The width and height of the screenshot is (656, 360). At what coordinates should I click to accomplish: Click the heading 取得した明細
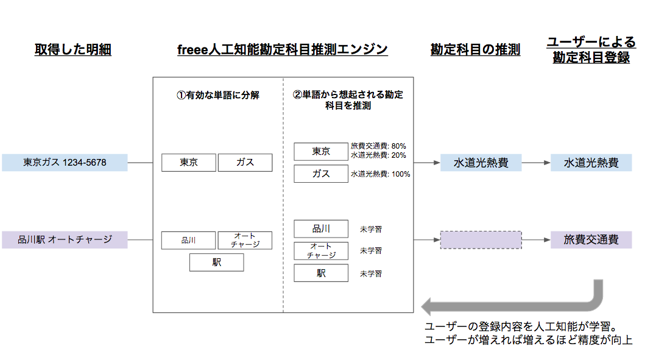(x=72, y=50)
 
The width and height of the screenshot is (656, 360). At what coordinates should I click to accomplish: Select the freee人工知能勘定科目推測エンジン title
(x=282, y=50)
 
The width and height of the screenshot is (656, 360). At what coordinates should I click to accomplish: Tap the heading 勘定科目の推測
(x=475, y=50)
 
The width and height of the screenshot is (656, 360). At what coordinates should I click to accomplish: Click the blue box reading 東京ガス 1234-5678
(x=65, y=163)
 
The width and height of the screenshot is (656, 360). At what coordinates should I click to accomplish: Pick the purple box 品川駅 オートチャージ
(x=65, y=239)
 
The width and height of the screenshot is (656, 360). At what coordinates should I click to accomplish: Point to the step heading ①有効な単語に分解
(x=218, y=95)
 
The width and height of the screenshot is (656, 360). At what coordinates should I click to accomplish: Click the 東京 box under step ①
(x=189, y=163)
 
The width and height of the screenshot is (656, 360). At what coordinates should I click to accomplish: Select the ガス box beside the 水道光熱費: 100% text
(x=320, y=174)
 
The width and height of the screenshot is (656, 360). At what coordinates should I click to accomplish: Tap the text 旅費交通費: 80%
(x=378, y=146)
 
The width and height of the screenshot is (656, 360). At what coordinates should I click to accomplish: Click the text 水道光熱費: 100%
(x=380, y=174)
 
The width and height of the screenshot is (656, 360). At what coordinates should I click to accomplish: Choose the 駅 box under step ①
(x=216, y=263)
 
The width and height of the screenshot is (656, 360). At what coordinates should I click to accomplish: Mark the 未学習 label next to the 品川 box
(x=370, y=230)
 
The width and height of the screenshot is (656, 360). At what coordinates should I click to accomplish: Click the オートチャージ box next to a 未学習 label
(x=320, y=251)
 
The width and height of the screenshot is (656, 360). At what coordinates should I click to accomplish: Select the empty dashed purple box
(x=481, y=240)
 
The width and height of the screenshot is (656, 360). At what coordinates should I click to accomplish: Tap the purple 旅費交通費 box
(x=591, y=240)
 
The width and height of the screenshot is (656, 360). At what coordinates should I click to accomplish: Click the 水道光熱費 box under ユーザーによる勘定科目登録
(x=591, y=163)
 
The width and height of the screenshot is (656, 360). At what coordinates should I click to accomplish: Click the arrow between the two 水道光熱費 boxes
(x=536, y=163)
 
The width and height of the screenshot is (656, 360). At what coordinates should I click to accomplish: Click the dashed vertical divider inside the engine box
(x=283, y=201)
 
